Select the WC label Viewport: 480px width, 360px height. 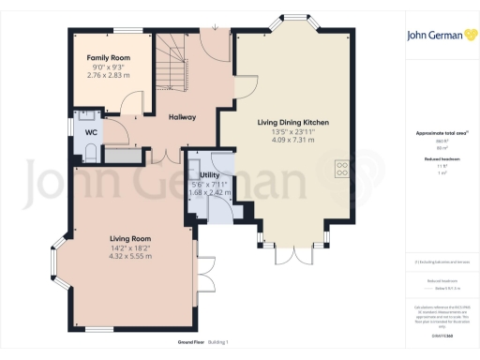(92, 133)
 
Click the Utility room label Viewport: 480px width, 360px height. (209, 175)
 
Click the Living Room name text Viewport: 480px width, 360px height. (129, 239)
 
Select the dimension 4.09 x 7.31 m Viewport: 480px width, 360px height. (292, 141)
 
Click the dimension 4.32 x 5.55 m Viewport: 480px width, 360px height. (129, 256)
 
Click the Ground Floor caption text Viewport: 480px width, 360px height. (178, 342)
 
